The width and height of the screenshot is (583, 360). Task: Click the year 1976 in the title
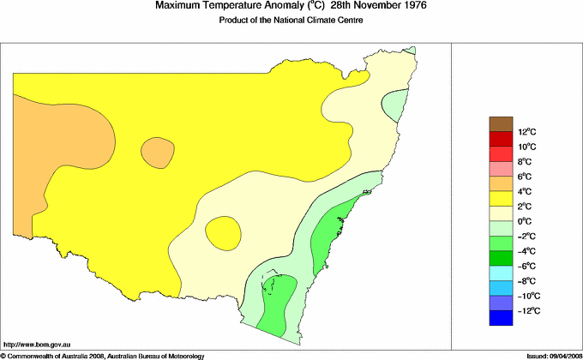[x=414, y=6]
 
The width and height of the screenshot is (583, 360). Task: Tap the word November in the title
[x=370, y=6]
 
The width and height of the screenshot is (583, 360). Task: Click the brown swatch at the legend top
[x=501, y=124]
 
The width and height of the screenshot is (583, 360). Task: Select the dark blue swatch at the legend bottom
[x=501, y=318]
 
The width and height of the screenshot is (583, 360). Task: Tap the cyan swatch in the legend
[x=501, y=273]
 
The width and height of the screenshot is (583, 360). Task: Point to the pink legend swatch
[x=501, y=169]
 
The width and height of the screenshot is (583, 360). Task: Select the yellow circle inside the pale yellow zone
[x=223, y=231]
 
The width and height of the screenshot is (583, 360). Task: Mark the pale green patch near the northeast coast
[x=394, y=106]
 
